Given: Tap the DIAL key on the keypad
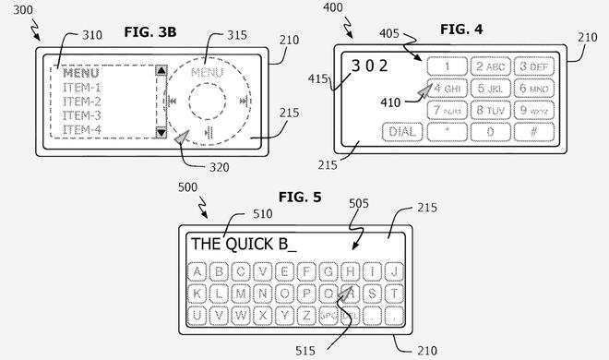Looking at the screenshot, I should point(400,131).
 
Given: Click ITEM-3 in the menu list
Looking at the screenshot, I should point(81,115).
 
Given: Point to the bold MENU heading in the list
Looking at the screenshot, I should point(81,74).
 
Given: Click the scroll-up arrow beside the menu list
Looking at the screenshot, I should point(161,70).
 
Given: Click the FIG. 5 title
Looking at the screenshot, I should point(303,197).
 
